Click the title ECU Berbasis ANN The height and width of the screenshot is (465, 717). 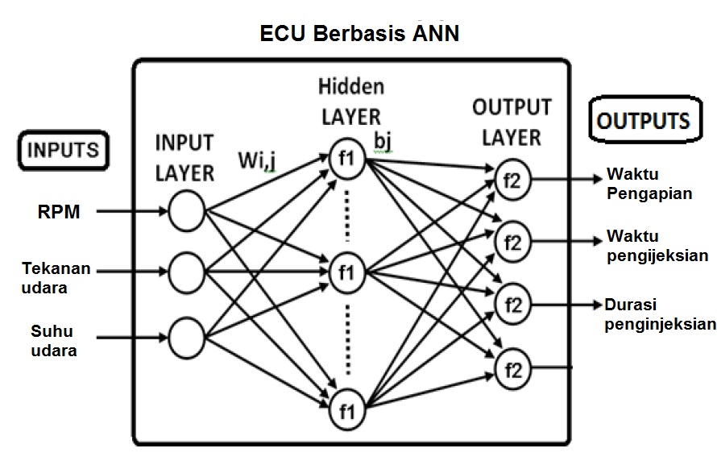pyautogui.click(x=359, y=35)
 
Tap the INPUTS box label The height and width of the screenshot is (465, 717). pyautogui.click(x=64, y=151)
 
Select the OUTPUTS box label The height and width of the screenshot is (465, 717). pyautogui.click(x=644, y=121)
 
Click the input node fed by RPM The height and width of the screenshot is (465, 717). pyautogui.click(x=186, y=212)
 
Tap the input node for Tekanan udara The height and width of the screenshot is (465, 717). pyautogui.click(x=186, y=272)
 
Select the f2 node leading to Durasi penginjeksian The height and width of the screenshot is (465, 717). pyautogui.click(x=513, y=304)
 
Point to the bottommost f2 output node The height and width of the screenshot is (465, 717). pyautogui.click(x=513, y=369)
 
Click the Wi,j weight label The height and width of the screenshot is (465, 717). pyautogui.click(x=258, y=161)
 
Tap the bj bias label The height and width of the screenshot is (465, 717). pyautogui.click(x=383, y=141)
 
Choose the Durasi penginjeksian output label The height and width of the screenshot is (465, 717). pyautogui.click(x=660, y=314)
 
